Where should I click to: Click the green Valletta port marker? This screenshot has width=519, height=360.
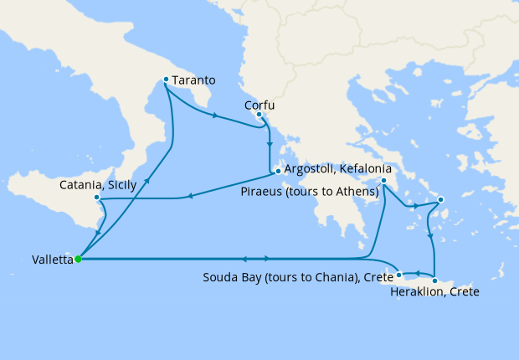coord(78,259)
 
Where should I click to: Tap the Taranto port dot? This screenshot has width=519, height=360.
coord(166,80)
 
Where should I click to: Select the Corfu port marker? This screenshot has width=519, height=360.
coord(259,114)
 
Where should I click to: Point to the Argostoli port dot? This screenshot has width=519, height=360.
coord(277,172)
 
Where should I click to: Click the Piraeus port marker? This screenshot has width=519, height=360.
coord(383,180)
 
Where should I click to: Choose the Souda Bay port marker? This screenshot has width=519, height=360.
coord(399,274)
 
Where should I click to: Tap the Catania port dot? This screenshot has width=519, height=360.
coord(98,198)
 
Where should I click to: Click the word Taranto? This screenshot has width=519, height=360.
coord(195,80)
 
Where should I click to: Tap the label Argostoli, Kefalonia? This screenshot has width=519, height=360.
coord(338,169)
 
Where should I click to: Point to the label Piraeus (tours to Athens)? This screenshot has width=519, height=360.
coord(310,192)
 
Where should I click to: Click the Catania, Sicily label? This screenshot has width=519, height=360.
coord(94,185)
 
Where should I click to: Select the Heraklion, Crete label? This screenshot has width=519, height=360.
coord(435,293)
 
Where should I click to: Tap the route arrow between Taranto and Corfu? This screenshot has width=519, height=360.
coord(216,116)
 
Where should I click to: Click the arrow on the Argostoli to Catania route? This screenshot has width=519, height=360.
coord(191,197)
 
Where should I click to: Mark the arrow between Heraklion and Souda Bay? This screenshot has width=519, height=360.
coord(417,274)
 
